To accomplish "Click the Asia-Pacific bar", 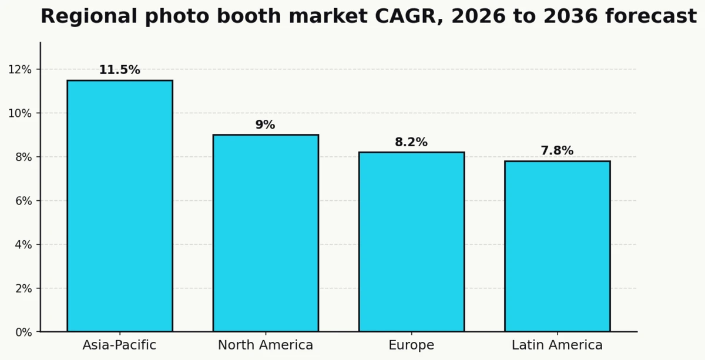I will (x=120, y=206).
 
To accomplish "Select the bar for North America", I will (x=266, y=233).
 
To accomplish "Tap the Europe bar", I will (x=411, y=241).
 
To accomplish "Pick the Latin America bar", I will (x=557, y=246).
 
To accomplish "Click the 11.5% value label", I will (x=120, y=70).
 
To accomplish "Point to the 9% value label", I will (x=265, y=125).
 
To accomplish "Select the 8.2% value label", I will (x=411, y=142).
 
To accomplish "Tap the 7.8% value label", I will (x=557, y=151).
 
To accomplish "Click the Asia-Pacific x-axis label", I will (x=119, y=345).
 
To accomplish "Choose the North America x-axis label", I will (x=266, y=345).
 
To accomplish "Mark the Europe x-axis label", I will (x=411, y=345).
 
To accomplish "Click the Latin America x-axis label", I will (x=557, y=345).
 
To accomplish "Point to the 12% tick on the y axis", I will (x=20, y=69).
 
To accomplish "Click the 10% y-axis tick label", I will (x=20, y=113).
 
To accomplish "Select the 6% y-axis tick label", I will (x=23, y=201).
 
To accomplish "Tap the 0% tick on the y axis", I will (x=23, y=332).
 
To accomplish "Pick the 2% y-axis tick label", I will (x=23, y=288).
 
